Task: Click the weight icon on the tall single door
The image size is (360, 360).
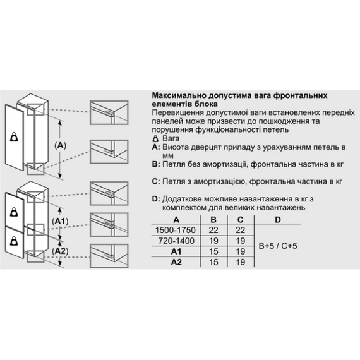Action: click(15, 136)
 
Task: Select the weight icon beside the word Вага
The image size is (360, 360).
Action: click(156, 137)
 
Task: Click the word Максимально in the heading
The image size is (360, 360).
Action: click(179, 94)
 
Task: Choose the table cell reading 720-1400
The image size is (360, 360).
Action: click(172, 241)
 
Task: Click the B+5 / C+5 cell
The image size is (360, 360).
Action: click(277, 246)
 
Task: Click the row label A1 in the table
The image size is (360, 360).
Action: click(172, 251)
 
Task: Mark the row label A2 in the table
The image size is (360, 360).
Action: click(172, 262)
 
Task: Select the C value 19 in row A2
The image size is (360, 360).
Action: click(240, 262)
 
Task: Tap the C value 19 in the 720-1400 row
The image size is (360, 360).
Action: click(240, 241)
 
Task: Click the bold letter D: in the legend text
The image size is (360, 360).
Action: click(157, 198)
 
